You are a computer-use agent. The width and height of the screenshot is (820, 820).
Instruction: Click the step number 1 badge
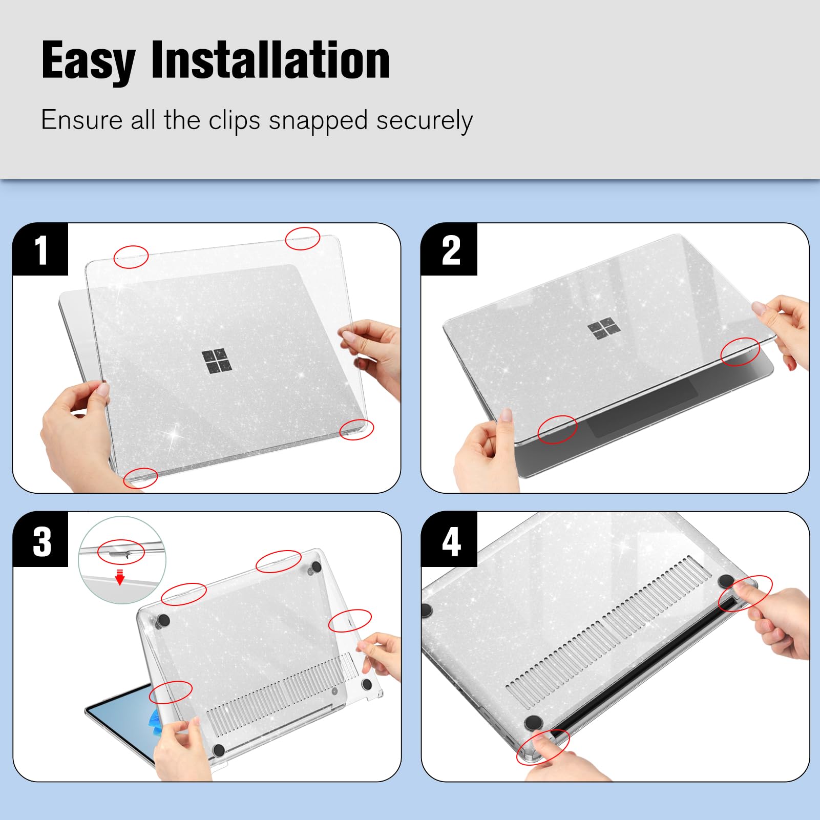click(40, 250)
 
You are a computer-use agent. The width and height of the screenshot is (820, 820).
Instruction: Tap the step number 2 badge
click(450, 250)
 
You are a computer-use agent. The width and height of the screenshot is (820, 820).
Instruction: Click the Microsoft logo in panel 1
click(216, 361)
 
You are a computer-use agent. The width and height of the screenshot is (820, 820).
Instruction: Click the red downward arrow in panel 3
click(120, 577)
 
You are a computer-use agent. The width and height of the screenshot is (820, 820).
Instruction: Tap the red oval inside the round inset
click(121, 552)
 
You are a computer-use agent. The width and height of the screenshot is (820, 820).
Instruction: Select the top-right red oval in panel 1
click(302, 238)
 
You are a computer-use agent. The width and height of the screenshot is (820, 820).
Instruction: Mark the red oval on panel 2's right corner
click(740, 352)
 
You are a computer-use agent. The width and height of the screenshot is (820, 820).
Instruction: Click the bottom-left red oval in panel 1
click(140, 478)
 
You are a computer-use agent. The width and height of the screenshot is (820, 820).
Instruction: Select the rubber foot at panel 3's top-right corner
click(315, 566)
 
